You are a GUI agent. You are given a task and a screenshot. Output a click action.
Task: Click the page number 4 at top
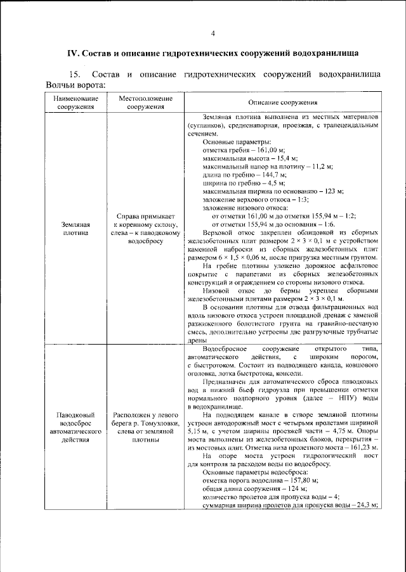[x=213, y=34]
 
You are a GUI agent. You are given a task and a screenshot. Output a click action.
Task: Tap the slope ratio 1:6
[x=328, y=224]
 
